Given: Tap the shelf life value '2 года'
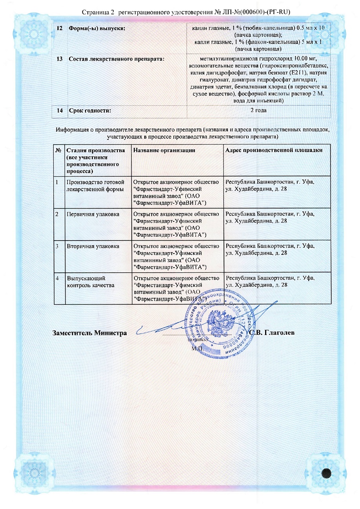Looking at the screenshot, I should pos(258,110).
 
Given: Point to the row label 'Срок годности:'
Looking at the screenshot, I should pos(90,110).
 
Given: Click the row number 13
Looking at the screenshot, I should pos(60,59).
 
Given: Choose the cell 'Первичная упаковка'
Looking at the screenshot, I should pos(93,214).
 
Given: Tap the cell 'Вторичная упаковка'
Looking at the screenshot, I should pos(93,246).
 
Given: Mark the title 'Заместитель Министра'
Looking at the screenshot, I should pos(90,333).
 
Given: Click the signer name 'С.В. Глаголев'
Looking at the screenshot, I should pos(272,333).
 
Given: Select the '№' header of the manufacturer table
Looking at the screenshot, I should pos(58,150).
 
